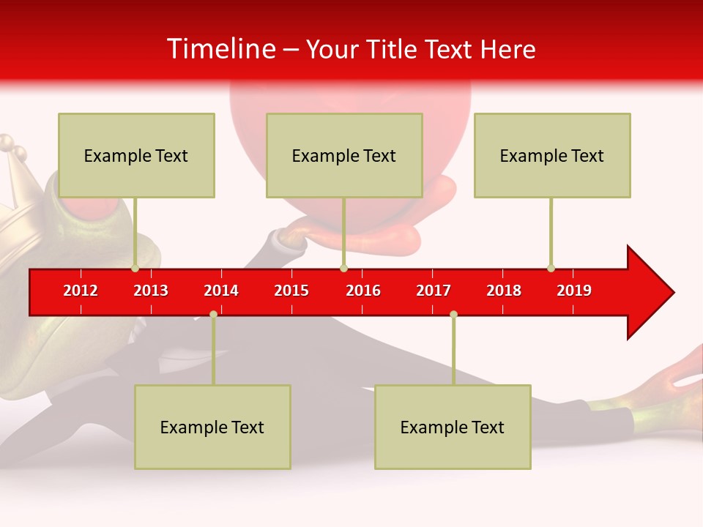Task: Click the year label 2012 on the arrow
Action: pyautogui.click(x=81, y=291)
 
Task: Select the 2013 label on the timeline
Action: pyautogui.click(x=151, y=291)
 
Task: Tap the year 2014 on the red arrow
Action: pyautogui.click(x=221, y=291)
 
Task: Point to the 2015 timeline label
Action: pyautogui.click(x=291, y=291)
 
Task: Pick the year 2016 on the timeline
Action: pyautogui.click(x=363, y=291)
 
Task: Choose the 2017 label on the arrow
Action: pyautogui.click(x=434, y=291)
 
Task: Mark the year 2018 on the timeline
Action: pyautogui.click(x=504, y=291)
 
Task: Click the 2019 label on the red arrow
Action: pyautogui.click(x=574, y=291)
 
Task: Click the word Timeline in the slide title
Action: pyautogui.click(x=220, y=49)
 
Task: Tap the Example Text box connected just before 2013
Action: pyautogui.click(x=136, y=155)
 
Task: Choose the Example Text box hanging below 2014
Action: pyautogui.click(x=212, y=427)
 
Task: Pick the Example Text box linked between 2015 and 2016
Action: pyautogui.click(x=344, y=155)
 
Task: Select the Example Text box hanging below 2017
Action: pyautogui.click(x=453, y=427)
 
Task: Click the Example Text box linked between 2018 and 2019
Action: pyautogui.click(x=552, y=155)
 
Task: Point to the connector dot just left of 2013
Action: pyautogui.click(x=135, y=268)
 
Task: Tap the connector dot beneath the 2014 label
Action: pyautogui.click(x=213, y=314)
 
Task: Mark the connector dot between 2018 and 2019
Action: pyautogui.click(x=551, y=268)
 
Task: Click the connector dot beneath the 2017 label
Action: pyautogui.click(x=453, y=314)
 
